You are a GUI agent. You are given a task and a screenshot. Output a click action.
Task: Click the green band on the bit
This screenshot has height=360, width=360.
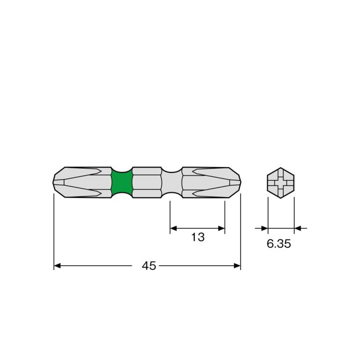click(x=122, y=182)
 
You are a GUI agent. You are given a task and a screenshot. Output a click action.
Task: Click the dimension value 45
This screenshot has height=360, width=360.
click(x=149, y=266)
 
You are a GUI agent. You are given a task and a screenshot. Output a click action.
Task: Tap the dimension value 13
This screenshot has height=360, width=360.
click(x=198, y=237)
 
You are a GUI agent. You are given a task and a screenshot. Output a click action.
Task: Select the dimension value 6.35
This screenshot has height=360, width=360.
click(x=279, y=244)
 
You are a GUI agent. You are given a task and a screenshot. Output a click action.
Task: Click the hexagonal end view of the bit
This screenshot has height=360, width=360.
click(x=281, y=183)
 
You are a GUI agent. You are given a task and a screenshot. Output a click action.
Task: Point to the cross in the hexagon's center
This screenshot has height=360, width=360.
click(x=281, y=183)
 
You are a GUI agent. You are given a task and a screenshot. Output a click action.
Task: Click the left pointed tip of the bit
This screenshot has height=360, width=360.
click(x=53, y=182)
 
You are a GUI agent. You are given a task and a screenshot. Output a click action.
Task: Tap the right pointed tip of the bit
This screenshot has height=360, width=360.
click(x=241, y=182)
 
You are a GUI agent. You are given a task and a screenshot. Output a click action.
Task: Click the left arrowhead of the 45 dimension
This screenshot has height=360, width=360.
click(x=57, y=266)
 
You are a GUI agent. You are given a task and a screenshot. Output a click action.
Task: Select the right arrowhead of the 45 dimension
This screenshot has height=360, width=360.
click(x=237, y=266)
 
